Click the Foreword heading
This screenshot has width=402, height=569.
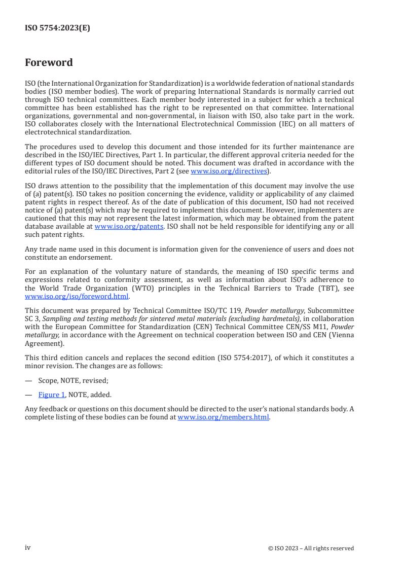(49, 63)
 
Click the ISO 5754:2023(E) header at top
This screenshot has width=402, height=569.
(57, 28)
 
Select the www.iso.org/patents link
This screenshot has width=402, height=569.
(129, 227)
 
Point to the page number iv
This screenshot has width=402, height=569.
(28, 547)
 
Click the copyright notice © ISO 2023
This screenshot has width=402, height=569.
(311, 548)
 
